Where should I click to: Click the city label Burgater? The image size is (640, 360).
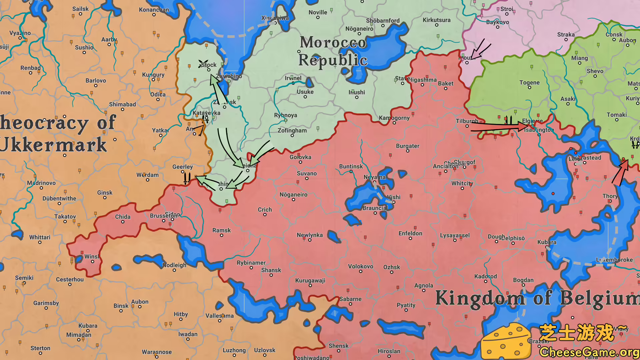coord(407,146)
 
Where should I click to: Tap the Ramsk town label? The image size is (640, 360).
coord(221,230)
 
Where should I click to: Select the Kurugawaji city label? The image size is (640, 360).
coord(310,280)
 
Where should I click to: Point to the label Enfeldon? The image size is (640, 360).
coord(410,233)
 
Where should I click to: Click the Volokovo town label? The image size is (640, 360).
coord(360,266)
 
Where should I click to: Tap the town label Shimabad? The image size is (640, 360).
coord(122,104)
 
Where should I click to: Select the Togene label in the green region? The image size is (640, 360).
coord(529,82)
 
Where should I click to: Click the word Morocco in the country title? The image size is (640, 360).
coord(333,42)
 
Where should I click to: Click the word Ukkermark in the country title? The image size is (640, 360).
coord(53,145)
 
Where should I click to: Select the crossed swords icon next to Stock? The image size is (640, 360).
coord(203,64)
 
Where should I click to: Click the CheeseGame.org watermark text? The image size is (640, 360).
coord(589,352)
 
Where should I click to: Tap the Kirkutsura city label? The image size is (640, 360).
coord(436,20)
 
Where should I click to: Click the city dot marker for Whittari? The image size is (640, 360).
coord(40,242)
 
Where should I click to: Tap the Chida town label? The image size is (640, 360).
coord(123,216)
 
